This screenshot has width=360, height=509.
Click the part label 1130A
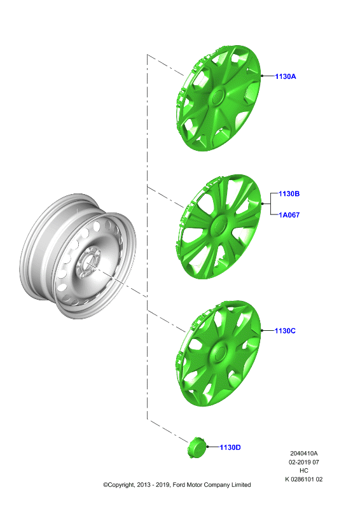[286, 76]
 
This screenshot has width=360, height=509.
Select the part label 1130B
[289, 194]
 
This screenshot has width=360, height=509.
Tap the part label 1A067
[289, 215]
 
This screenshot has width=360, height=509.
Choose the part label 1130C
[285, 331]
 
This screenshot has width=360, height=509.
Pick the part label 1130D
[230, 447]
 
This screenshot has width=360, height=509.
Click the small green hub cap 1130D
[197, 447]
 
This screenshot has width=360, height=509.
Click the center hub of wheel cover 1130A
[217, 97]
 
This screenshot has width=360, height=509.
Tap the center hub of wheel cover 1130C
[218, 352]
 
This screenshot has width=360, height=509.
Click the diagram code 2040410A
[304, 453]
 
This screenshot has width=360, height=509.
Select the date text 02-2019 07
[304, 462]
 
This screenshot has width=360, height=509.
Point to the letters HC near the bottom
[304, 470]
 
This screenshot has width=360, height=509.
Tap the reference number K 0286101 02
[304, 479]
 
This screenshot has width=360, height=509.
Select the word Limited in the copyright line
[241, 485]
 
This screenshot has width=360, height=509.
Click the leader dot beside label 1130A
[262, 76]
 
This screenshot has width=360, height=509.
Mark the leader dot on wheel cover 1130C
[262, 330]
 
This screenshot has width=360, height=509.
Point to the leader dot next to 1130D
[207, 447]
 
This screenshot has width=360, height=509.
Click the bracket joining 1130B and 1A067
[271, 204]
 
